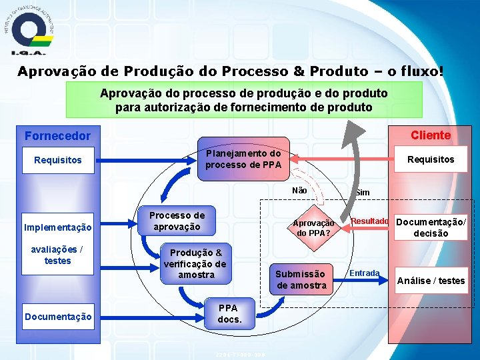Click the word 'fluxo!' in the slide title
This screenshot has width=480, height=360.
(419, 71)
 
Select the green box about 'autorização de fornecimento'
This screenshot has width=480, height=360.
(244, 100)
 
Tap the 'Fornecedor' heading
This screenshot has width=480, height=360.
(57, 136)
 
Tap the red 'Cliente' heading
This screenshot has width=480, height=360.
(430, 135)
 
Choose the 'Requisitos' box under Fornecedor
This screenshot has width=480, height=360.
(58, 160)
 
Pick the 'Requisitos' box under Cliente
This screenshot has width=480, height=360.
(431, 159)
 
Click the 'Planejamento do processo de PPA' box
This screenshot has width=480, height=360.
(243, 159)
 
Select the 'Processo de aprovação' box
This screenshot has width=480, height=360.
(177, 221)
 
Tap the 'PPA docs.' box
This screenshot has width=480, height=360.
(229, 314)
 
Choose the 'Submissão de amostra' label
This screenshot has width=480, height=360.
(301, 280)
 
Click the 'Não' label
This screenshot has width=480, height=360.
(299, 191)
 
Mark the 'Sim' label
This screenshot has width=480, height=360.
(362, 193)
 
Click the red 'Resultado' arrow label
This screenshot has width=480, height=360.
(369, 221)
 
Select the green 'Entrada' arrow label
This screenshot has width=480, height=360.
(365, 273)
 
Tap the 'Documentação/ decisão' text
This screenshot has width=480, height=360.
(431, 227)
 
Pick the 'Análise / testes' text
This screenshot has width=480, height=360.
(431, 281)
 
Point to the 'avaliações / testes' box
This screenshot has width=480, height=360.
(58, 255)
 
